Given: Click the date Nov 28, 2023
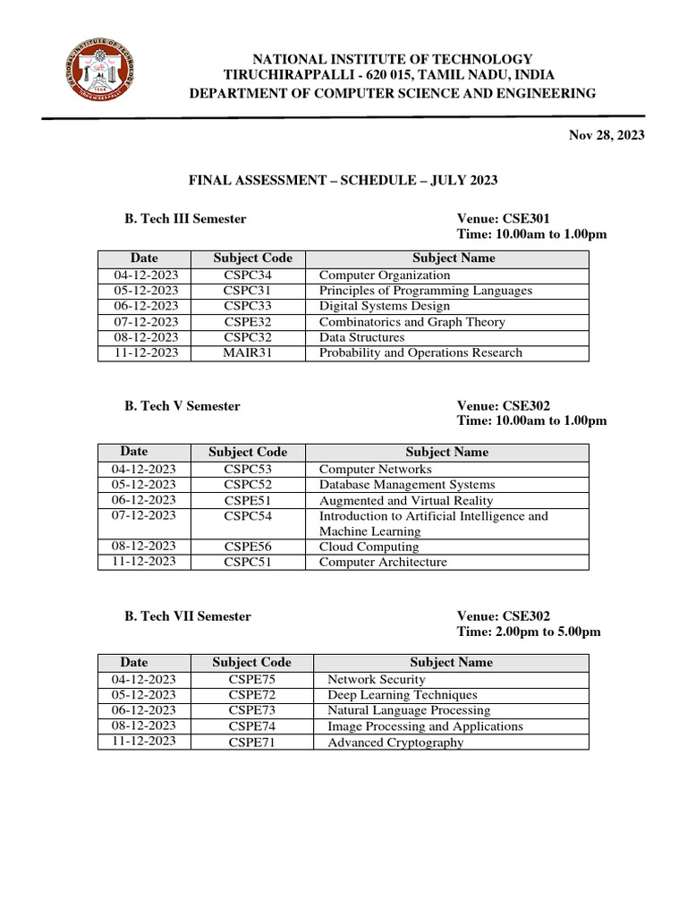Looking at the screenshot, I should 606,135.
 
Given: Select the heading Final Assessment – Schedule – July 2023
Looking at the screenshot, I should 343,181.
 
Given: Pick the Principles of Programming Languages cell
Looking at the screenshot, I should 425,291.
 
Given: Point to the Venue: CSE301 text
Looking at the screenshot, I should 503,218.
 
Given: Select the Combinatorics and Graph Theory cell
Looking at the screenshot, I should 411,322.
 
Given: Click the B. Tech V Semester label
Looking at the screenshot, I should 182,406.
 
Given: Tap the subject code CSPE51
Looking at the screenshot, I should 248,501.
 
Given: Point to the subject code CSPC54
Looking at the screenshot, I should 248,516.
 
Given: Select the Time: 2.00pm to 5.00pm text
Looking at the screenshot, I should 529,632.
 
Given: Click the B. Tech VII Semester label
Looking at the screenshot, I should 188,616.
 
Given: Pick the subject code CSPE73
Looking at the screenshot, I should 251,710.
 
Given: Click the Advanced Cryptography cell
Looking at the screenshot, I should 395,742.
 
